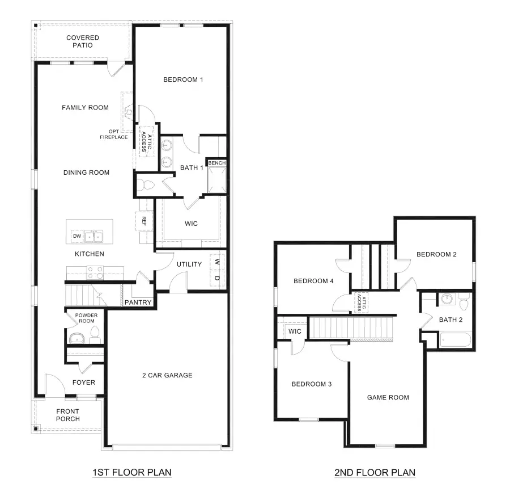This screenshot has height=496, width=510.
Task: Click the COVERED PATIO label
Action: tap(82, 41)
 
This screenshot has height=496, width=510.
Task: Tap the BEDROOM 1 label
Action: tap(183, 79)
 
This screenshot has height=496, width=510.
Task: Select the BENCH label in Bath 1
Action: tap(216, 163)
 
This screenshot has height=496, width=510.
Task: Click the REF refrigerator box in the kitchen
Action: tap(144, 220)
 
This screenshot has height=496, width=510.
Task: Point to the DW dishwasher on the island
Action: tap(76, 236)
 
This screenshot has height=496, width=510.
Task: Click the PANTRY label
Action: tap(138, 302)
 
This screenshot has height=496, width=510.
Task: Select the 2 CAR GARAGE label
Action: tap(167, 375)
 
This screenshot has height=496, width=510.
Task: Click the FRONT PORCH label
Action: tap(67, 415)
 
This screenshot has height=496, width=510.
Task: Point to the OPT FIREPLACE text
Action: tap(113, 134)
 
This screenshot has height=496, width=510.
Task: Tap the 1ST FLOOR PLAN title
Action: tap(131, 472)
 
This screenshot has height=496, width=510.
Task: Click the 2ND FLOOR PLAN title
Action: tap(375, 472)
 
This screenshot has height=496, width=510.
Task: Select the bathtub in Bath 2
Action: tap(454, 341)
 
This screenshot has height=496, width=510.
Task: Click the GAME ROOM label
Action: tap(388, 397)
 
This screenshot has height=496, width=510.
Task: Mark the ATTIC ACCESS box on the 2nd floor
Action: tap(359, 302)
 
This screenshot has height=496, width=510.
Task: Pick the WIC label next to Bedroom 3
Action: tap(295, 331)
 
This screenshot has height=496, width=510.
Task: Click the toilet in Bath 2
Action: tap(464, 302)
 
